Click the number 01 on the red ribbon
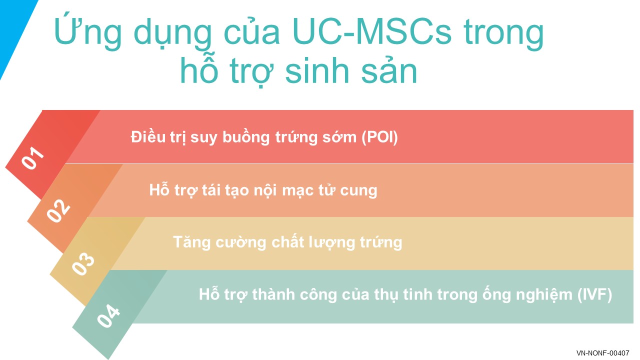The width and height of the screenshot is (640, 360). click(x=33, y=157)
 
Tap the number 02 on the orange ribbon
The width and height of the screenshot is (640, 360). click(x=58, y=210)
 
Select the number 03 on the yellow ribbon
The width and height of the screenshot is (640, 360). click(x=83, y=263)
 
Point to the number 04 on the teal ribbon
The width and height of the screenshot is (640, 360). click(x=108, y=315)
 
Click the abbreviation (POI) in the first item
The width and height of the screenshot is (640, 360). click(x=379, y=137)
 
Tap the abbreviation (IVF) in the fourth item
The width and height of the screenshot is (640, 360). click(x=594, y=294)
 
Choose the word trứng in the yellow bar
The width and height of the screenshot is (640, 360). click(x=381, y=243)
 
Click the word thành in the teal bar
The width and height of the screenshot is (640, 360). click(x=273, y=294)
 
